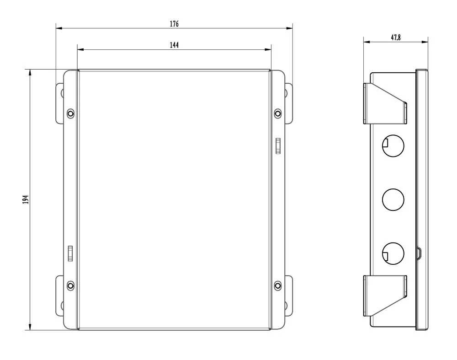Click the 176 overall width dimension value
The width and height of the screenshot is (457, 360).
[x=174, y=24]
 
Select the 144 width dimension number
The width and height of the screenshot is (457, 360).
[x=174, y=45]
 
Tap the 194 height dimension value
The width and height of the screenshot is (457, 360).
[x=26, y=199]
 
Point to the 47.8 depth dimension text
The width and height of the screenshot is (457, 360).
[x=396, y=38]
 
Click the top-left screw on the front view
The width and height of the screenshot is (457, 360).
[x=70, y=113]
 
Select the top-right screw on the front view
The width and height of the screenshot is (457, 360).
[x=277, y=113]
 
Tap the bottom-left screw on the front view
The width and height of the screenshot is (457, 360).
[x=70, y=286]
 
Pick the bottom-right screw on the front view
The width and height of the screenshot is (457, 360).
[x=277, y=286]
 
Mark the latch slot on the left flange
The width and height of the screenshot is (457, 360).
[x=70, y=253]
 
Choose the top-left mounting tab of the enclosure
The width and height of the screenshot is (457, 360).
[x=59, y=103]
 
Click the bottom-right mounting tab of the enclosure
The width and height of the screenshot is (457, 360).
[x=288, y=295]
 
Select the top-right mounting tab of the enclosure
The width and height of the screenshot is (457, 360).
[x=288, y=103]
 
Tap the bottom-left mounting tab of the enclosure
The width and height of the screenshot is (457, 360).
[x=59, y=295]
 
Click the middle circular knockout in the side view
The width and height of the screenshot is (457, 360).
[x=393, y=199]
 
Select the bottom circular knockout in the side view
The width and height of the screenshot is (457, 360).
[x=393, y=253]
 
